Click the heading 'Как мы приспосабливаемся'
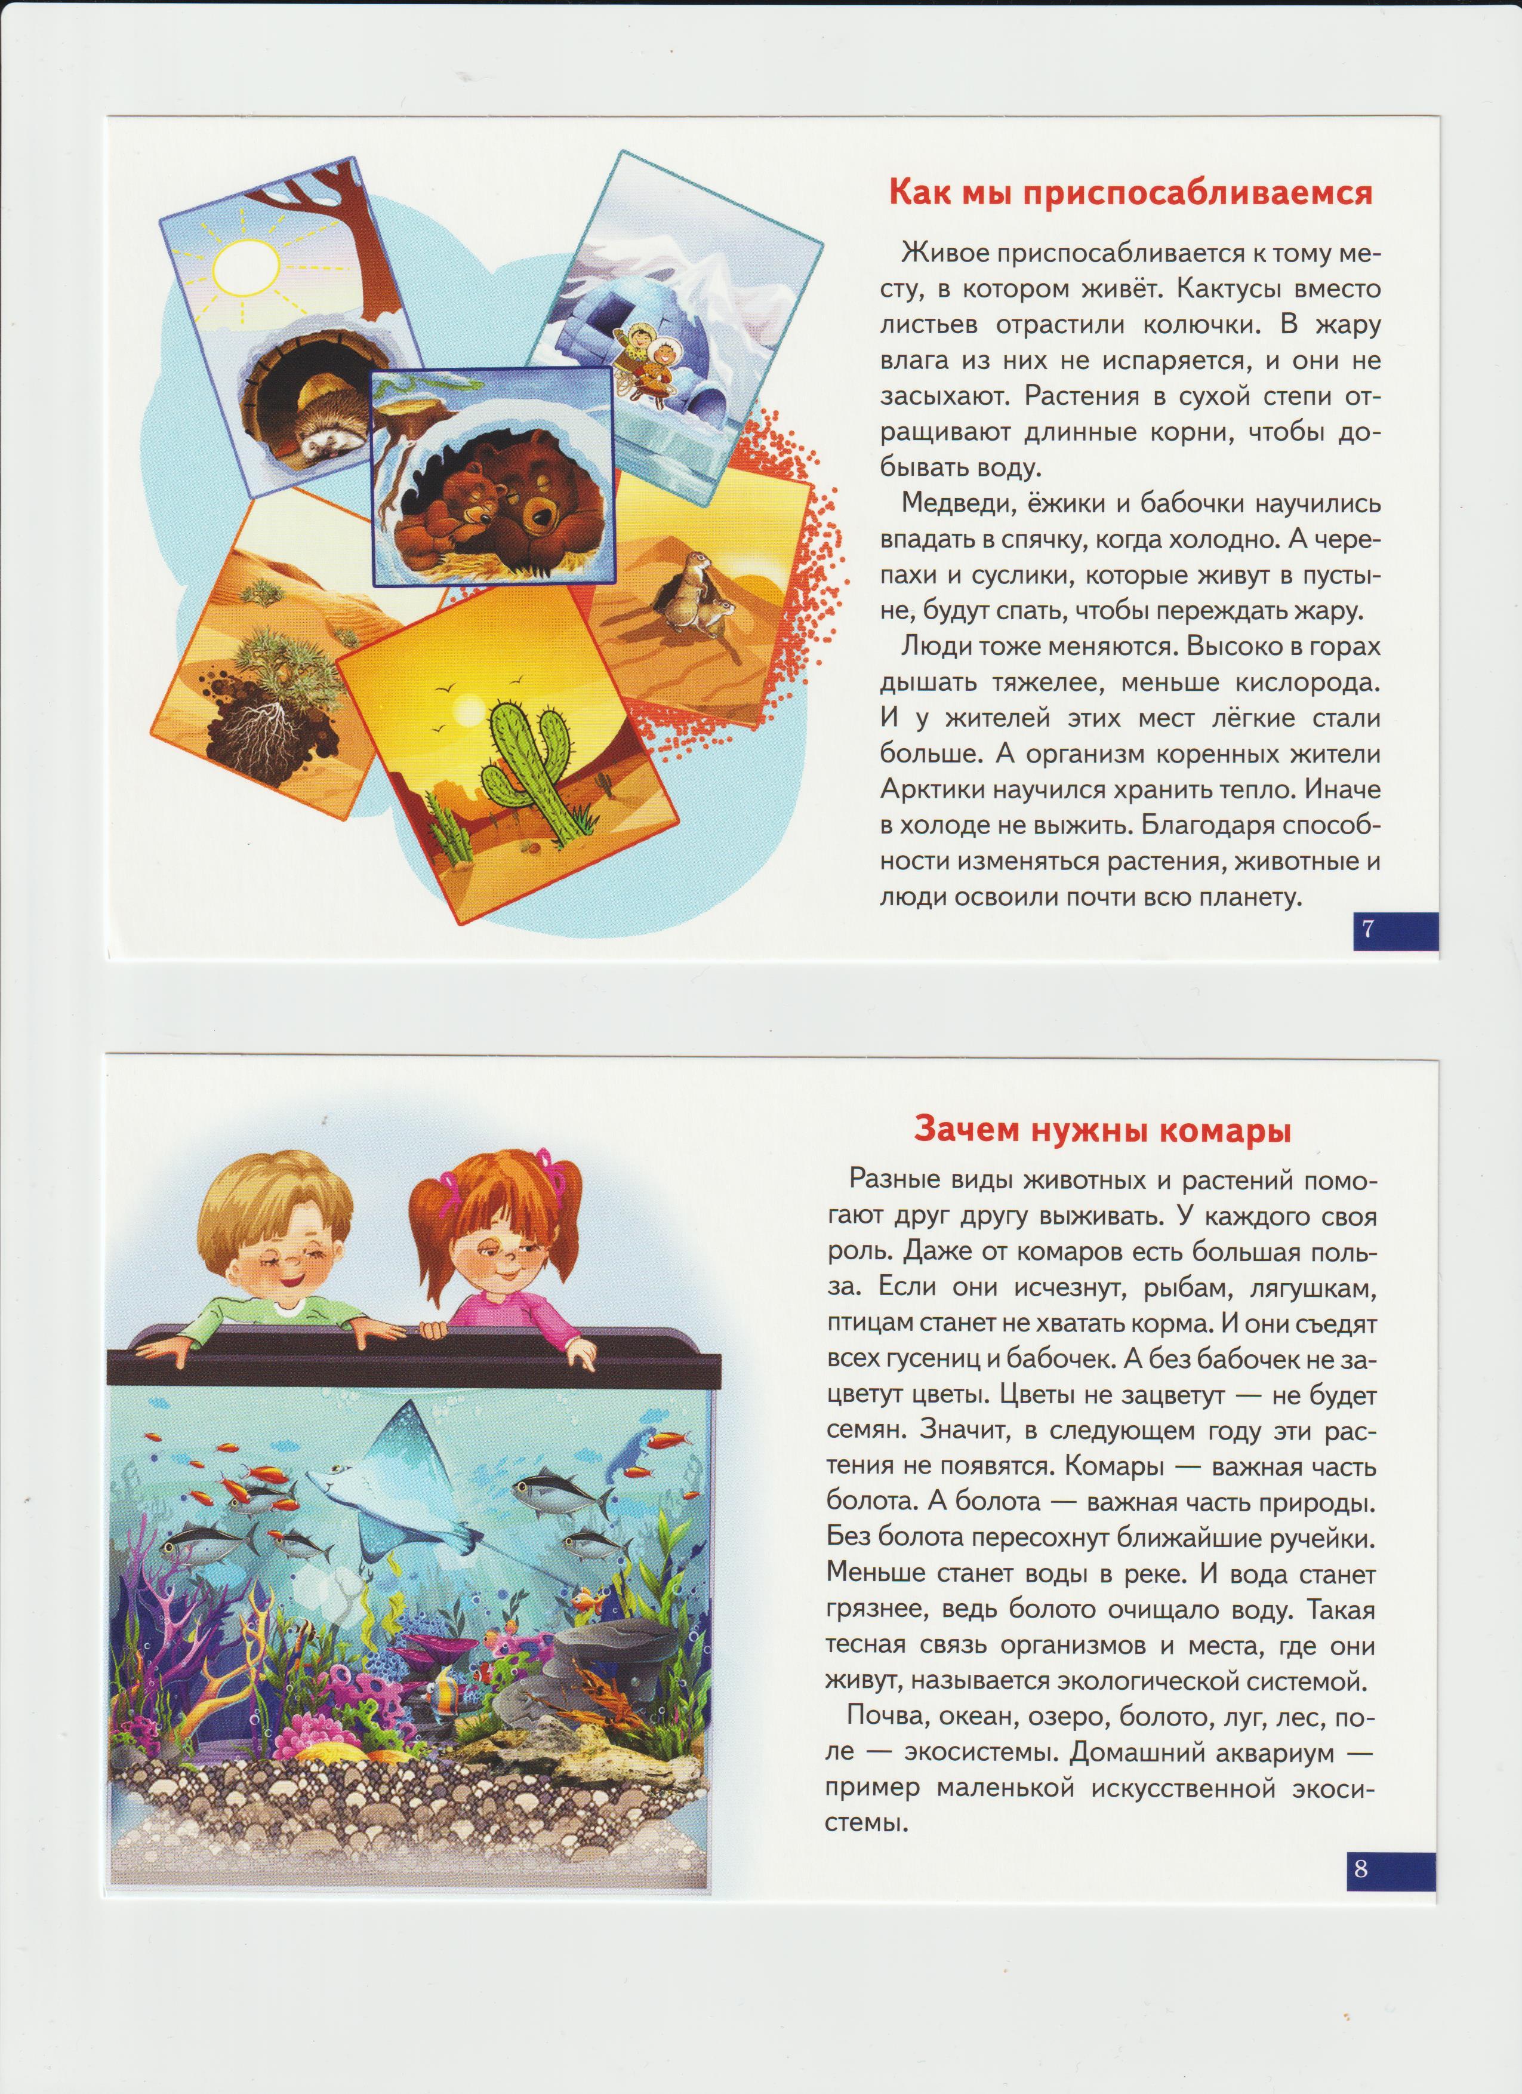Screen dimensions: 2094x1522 coord(1130,193)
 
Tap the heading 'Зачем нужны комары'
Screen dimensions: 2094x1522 coord(1101,1130)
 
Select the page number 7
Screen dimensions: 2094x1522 coord(1368,930)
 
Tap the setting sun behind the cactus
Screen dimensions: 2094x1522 coord(466,715)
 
